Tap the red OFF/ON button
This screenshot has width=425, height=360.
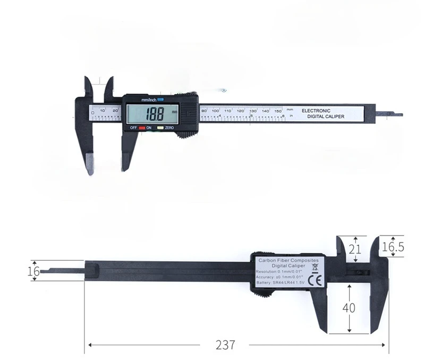click(x=142, y=128)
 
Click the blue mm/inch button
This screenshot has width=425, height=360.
click(x=160, y=99)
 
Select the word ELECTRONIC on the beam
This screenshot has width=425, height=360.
click(x=316, y=111)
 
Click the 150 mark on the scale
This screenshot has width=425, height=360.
click(x=278, y=111)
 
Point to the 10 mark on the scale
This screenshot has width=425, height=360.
click(x=102, y=111)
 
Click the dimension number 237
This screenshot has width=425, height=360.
click(x=225, y=345)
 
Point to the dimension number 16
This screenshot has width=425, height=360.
click(x=33, y=271)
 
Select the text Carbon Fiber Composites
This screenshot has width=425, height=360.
click(x=288, y=259)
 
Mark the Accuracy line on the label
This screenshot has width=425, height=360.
click(x=279, y=277)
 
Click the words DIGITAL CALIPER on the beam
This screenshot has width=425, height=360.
click(x=326, y=116)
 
